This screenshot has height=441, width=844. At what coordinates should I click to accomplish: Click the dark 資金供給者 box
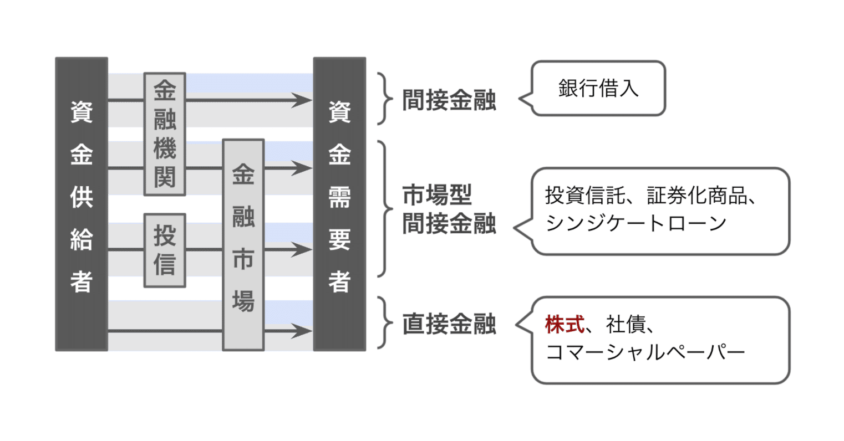tap(81, 204)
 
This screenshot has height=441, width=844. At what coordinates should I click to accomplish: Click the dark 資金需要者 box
tap(339, 204)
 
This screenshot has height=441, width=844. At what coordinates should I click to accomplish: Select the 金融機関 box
tap(165, 134)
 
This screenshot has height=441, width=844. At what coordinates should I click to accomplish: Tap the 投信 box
tap(165, 250)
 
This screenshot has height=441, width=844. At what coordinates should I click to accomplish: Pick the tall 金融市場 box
tap(243, 244)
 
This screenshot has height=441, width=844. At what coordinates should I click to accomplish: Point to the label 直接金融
tap(449, 325)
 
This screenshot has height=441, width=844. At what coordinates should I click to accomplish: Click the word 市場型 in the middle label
tap(437, 196)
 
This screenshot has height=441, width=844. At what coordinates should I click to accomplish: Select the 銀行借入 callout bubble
tap(598, 89)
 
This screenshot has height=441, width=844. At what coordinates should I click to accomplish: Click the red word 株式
tap(564, 325)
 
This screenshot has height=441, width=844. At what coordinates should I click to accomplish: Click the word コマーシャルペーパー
tap(645, 352)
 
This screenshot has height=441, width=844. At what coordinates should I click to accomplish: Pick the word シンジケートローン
tap(635, 223)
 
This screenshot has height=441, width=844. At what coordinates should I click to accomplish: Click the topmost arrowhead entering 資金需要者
tap(302, 100)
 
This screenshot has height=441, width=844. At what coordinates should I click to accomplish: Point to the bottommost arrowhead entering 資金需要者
tap(302, 331)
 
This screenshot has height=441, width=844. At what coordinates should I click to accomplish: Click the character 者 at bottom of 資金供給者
tap(81, 281)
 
